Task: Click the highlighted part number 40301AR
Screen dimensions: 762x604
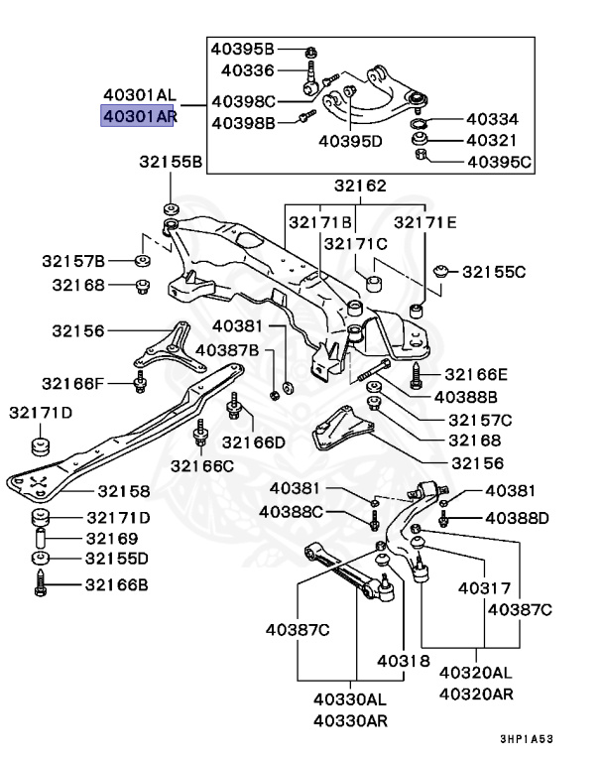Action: [x=139, y=118]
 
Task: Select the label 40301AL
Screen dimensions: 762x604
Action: [x=139, y=96]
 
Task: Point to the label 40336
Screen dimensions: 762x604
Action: [x=247, y=70]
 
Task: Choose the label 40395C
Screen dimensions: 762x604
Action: [x=499, y=161]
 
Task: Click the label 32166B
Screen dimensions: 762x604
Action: [x=117, y=585]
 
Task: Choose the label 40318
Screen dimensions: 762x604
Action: [x=403, y=660]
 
